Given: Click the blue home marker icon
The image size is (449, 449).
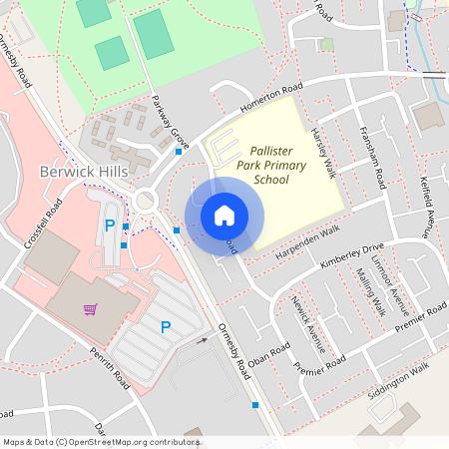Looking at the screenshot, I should [224, 215].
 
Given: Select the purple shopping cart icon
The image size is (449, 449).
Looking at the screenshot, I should [91, 309].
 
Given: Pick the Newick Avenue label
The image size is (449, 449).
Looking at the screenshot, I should [308, 324].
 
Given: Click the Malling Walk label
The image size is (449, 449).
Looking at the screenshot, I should [370, 296].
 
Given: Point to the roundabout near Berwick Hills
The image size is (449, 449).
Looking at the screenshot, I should [148, 200].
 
